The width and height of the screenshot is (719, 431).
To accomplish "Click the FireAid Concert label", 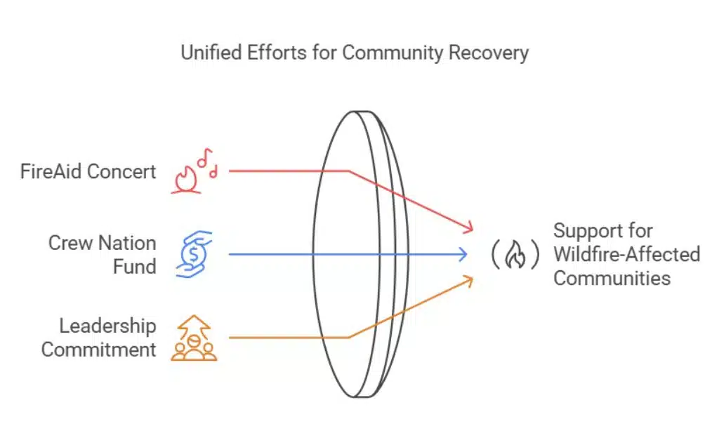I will (x=88, y=171).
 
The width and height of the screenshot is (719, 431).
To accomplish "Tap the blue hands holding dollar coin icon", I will (x=194, y=254).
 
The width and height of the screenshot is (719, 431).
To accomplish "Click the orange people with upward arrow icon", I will (x=194, y=338).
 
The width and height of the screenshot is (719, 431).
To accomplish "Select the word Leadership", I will (x=107, y=326).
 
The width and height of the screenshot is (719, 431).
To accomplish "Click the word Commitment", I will (x=98, y=349).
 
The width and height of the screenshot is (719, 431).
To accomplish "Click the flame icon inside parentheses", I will (x=515, y=255).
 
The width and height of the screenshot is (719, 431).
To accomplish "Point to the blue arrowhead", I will (x=463, y=254).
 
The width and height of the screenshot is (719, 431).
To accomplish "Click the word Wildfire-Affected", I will (x=626, y=253).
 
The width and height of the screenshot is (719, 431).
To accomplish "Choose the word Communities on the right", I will (x=612, y=277).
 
